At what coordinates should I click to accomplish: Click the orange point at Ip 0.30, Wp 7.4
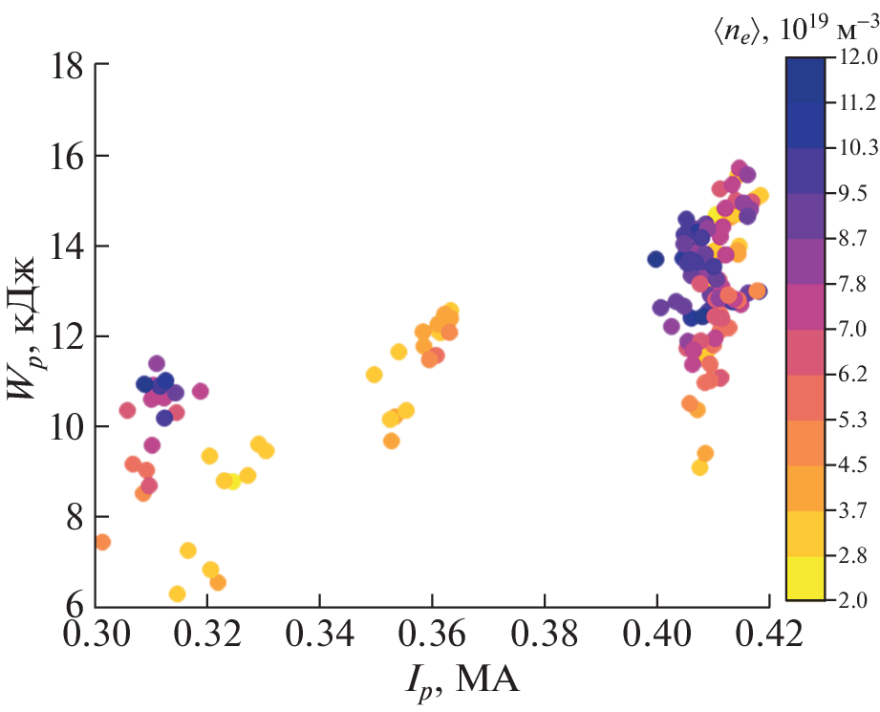[102, 542]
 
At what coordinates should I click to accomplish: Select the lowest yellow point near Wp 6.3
[177, 593]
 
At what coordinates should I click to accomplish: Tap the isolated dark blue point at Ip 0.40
[655, 259]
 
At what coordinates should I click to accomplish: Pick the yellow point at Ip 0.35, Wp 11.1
[374, 375]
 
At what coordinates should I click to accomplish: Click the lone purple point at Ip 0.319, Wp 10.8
[200, 391]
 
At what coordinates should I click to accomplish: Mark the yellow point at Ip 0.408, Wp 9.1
[699, 467]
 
